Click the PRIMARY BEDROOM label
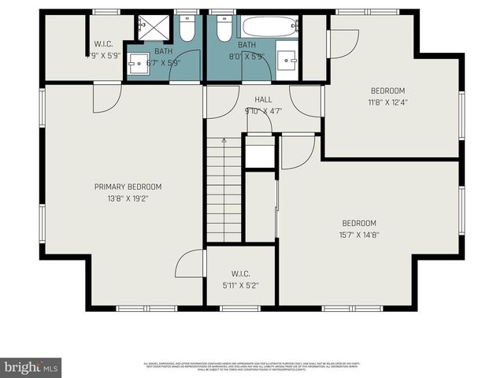tap(128, 187)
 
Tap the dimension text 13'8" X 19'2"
tap(128, 198)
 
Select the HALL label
tap(263, 100)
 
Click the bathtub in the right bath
tap(270, 27)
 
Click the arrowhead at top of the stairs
tap(224, 140)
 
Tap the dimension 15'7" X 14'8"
tap(358, 235)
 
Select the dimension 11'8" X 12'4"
tap(387, 102)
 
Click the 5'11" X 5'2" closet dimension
tap(240, 285)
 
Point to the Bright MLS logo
tap(31, 367)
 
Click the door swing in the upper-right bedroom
tap(343, 44)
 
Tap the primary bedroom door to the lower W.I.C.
tap(190, 264)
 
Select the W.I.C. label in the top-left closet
tap(104, 44)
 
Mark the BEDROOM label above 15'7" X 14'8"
tap(358, 223)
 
